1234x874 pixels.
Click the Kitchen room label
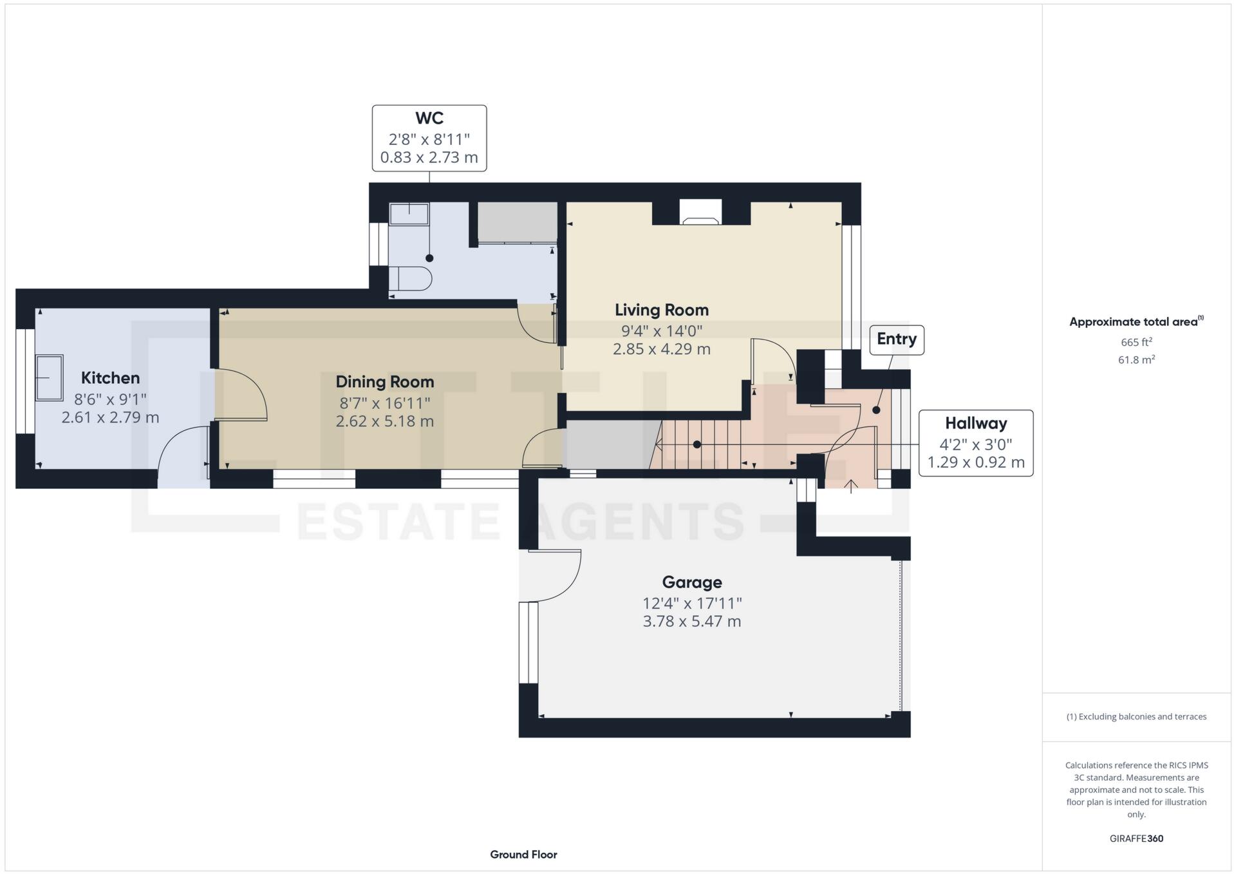[110, 378]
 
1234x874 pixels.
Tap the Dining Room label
[384, 382]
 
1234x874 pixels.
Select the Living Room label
[661, 310]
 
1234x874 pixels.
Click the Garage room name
[691, 582]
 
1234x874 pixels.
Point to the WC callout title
[429, 119]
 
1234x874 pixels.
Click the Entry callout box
[896, 339]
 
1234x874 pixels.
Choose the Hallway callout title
[975, 424]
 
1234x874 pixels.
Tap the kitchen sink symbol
[50, 377]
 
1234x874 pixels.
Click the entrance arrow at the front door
[850, 486]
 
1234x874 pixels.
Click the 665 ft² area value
[1136, 343]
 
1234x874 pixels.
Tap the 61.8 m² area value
[1136, 360]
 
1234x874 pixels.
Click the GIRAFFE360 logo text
[1136, 839]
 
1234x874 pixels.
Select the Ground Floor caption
[523, 855]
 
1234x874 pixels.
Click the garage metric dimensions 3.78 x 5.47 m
[691, 622]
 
